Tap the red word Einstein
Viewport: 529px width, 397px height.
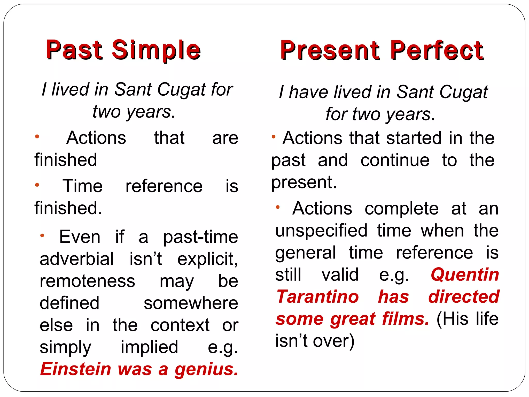[76, 369]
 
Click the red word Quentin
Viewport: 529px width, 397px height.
[465, 275]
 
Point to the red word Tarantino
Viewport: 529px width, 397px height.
[317, 297]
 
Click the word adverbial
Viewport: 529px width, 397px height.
[76, 259]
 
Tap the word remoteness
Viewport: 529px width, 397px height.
[87, 281]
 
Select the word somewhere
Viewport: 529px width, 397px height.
[191, 303]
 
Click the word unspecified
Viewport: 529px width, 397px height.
[321, 231]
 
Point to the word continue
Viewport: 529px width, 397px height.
[395, 160]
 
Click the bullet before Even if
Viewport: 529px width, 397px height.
[42, 235]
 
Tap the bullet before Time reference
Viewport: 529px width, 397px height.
[37, 185]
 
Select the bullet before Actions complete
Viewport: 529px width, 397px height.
[278, 207]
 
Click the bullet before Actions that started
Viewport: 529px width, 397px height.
[274, 136]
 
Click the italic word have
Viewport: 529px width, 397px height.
[308, 92]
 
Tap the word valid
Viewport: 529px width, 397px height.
[340, 275]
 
